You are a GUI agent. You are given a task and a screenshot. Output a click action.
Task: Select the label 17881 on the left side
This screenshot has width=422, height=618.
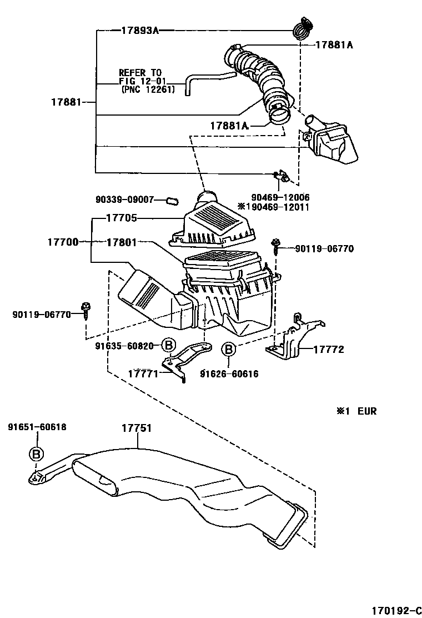[x=66, y=102]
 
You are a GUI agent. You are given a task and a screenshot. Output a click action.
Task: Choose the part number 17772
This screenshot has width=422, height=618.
[x=329, y=350]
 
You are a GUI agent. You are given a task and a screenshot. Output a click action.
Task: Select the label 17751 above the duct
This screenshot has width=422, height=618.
[x=137, y=428]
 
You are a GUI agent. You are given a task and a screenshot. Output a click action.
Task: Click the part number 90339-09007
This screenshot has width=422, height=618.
[x=123, y=199]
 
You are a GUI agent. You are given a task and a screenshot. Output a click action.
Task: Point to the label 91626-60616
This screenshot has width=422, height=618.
[x=229, y=373]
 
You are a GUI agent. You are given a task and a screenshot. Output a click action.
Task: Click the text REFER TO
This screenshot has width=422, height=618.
[x=140, y=73]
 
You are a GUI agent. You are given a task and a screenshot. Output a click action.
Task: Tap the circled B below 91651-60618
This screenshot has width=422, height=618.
[x=36, y=454]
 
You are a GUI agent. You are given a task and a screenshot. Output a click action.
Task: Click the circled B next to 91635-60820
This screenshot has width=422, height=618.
[x=169, y=345]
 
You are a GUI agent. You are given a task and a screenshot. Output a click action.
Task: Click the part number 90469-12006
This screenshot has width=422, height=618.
[x=280, y=197]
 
